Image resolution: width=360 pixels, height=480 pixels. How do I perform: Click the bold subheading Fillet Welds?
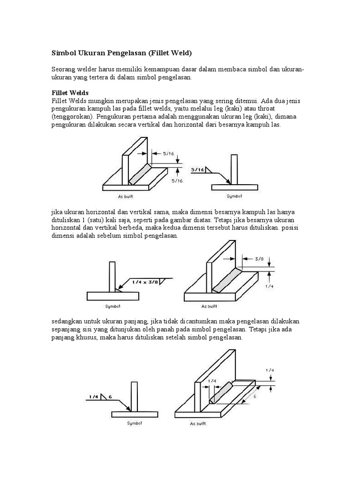coord(70,93)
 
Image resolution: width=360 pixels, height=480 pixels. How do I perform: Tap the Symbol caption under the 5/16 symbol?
coord(234,196)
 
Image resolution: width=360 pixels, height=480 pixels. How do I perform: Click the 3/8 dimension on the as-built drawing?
coord(260,258)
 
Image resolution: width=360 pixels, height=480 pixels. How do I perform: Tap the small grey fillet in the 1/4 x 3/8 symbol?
coord(118,290)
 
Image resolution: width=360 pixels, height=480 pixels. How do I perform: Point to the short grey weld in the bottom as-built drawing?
coord(222,392)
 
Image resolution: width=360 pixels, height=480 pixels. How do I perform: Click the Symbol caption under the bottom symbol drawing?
coord(135,423)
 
